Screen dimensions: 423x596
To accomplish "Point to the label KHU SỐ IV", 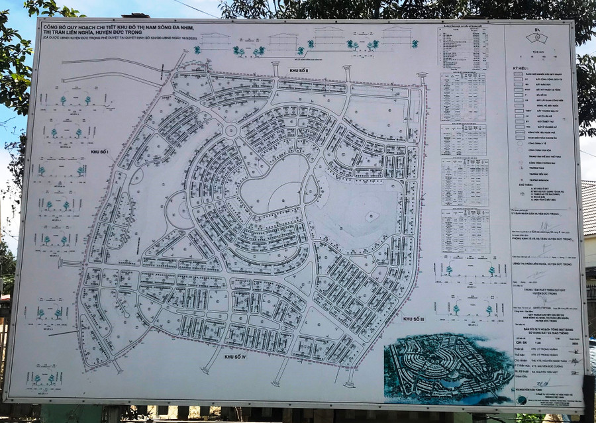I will [x=234, y=357].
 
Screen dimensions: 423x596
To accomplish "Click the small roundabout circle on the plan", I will [x=231, y=130].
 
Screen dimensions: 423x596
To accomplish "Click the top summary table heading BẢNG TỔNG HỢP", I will [x=463, y=28].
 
